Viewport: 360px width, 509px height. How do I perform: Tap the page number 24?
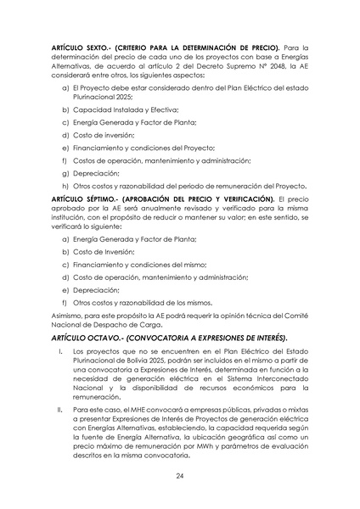tap(180, 476)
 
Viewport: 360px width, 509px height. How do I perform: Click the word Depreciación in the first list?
tap(95, 171)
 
